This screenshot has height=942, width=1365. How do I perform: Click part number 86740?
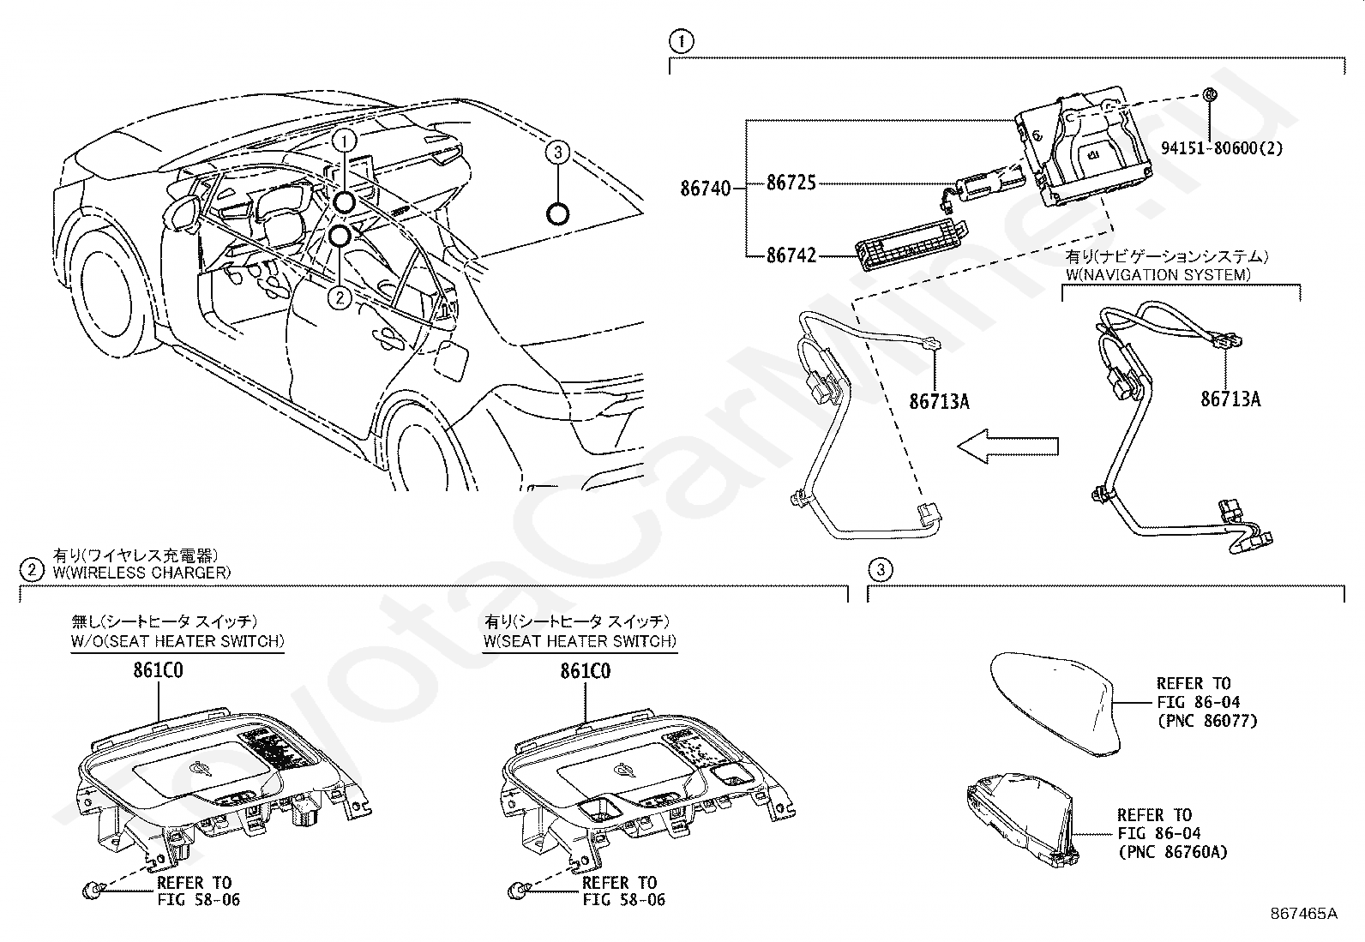(x=705, y=189)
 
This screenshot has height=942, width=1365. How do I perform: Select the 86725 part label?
(x=791, y=183)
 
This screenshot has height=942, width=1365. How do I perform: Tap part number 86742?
(x=791, y=255)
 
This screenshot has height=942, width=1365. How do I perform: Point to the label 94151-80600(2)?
(x=1222, y=148)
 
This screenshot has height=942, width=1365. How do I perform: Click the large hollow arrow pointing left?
(x=1008, y=447)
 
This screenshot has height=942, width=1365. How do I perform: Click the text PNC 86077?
(x=1208, y=721)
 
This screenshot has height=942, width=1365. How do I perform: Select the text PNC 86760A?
(x=1173, y=852)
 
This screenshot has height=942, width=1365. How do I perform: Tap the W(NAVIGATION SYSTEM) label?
(x=1158, y=275)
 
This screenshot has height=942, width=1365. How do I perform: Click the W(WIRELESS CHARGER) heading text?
(x=142, y=573)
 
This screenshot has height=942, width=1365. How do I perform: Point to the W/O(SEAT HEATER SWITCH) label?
(x=177, y=641)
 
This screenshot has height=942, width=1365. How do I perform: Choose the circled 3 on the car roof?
(x=557, y=152)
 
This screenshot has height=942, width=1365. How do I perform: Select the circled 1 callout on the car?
(x=345, y=141)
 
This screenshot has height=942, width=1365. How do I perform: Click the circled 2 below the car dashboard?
(x=340, y=297)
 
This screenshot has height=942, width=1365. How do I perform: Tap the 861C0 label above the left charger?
(x=159, y=670)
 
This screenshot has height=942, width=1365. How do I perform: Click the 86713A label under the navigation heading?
(x=1230, y=399)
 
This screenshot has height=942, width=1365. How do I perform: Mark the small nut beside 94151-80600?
(x=1210, y=93)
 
